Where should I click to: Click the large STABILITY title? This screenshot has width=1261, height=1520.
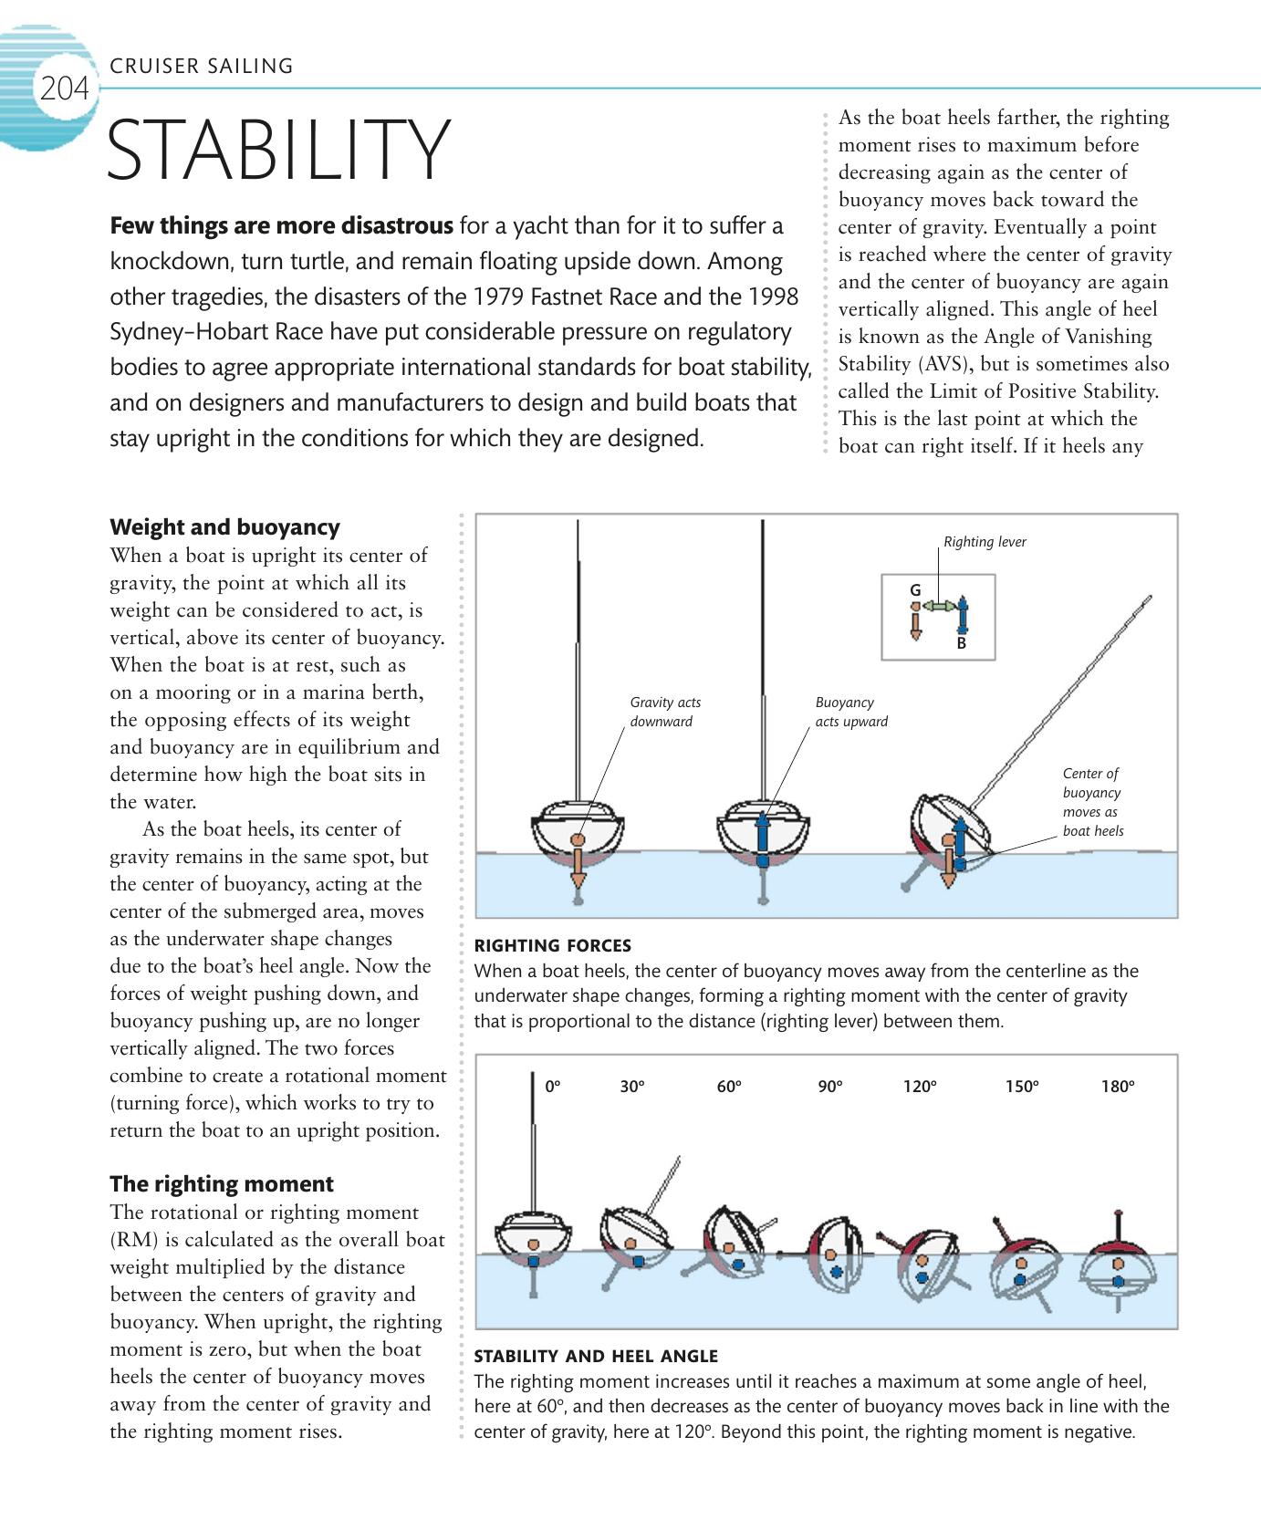pos(278,150)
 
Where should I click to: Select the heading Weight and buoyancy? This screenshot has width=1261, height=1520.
pos(224,527)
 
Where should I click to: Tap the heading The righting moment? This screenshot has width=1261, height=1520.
pos(222,1184)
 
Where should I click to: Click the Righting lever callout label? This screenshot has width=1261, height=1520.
pos(985,542)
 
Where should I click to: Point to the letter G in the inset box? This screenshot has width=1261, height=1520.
pos(915,591)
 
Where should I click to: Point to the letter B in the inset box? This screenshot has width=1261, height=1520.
pos(961,643)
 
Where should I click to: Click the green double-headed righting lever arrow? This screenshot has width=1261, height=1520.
pos(938,606)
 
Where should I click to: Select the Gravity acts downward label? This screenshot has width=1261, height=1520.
pos(666,712)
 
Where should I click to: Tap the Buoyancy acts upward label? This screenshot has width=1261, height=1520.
pos(850,712)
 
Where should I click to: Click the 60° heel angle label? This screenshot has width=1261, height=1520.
pos(729,1087)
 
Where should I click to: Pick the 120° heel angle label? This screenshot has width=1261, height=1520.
pos(920,1087)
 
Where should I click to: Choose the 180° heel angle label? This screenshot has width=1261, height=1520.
pos(1118,1087)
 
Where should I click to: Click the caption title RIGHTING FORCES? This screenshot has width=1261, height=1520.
pos(552,946)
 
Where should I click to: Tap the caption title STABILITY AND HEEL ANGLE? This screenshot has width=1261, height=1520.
pos(596,1357)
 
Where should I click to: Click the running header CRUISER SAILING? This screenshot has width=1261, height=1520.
pos(201,66)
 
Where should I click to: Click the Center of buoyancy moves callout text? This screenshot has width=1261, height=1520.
pos(1092,802)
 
